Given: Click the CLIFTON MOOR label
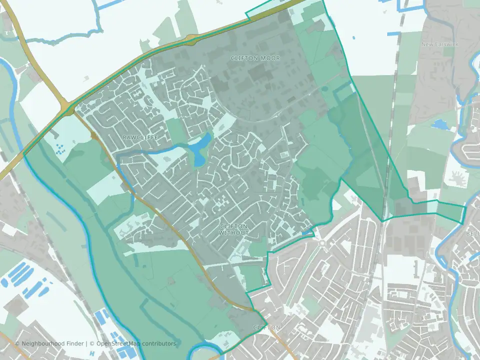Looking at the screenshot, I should point(255,58).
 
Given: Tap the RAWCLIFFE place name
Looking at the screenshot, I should point(136,136).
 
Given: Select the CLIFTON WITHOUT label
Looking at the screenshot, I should point(234,229).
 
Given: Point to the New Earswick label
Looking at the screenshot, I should point(437,44).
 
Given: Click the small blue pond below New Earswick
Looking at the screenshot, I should point(439,123).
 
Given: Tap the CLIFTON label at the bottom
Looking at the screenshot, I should point(266,327).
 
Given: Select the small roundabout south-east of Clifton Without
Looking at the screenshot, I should point(322,243).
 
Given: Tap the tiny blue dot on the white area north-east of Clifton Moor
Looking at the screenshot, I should point(353,37).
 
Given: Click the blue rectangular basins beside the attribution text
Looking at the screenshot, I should point(105,320).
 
